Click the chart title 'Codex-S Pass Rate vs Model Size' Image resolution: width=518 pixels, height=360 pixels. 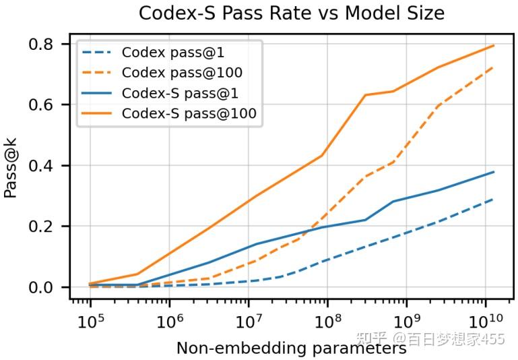pyautogui.click(x=291, y=13)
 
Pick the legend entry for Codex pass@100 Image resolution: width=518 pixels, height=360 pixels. pyautogui.click(x=168, y=72)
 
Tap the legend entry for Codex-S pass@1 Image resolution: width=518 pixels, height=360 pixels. pyautogui.click(x=168, y=92)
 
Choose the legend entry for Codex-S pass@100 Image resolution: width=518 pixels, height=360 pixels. pyautogui.click(x=168, y=113)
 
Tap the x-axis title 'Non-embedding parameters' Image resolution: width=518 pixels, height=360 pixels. pyautogui.click(x=291, y=349)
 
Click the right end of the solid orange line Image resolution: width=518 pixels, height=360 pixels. pyautogui.click(x=494, y=45)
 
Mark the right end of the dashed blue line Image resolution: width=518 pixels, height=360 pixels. pyautogui.click(x=494, y=199)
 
